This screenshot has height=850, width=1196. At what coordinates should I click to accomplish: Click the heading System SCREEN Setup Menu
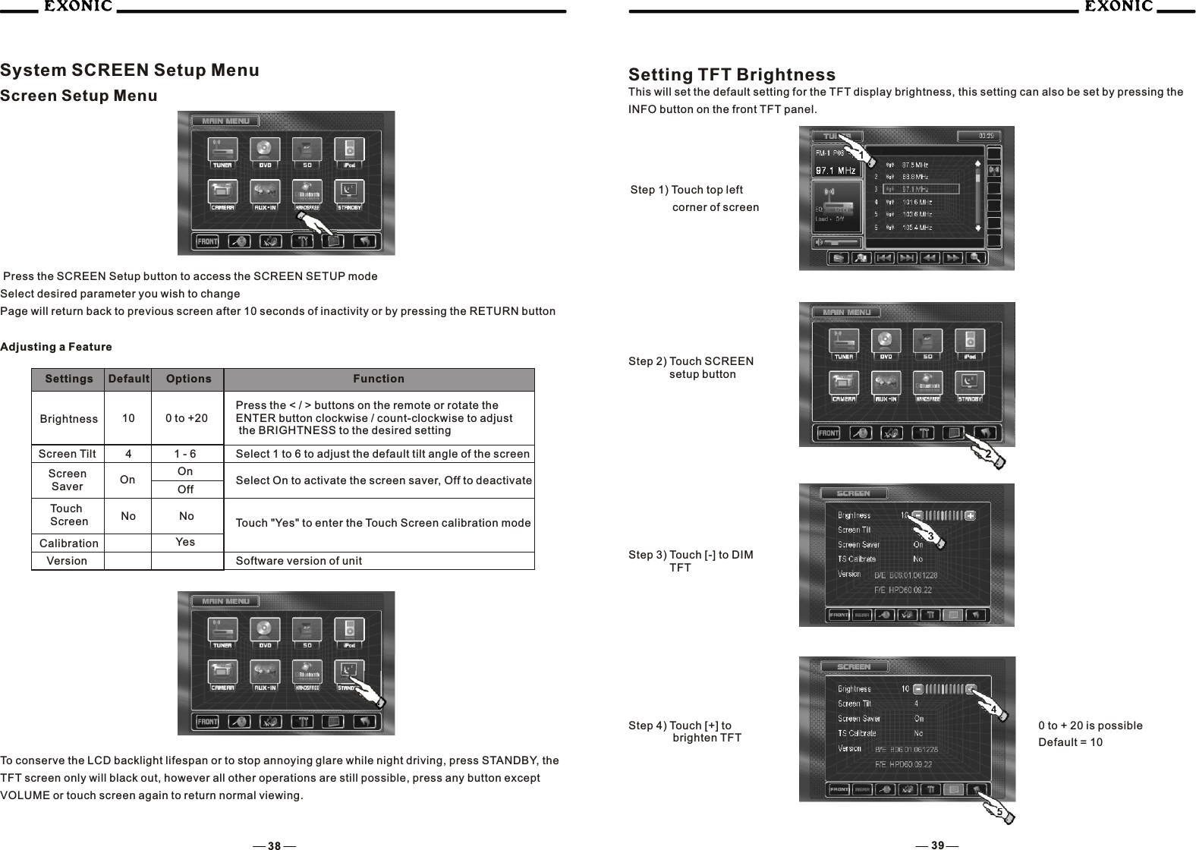(x=130, y=71)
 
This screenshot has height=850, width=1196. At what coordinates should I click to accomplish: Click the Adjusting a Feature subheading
(x=56, y=347)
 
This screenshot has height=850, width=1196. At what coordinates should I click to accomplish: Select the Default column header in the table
(x=128, y=379)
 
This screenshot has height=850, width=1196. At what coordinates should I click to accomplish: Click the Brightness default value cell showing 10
(x=128, y=418)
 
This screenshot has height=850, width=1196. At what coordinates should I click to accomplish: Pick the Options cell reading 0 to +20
(x=187, y=418)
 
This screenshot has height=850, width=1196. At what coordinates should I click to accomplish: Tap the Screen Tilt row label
(x=68, y=454)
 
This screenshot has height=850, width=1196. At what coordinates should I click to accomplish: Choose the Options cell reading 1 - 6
(x=185, y=454)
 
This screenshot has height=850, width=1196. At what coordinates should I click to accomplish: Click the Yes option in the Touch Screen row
(x=185, y=542)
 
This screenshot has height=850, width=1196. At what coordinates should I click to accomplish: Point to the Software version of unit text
(x=299, y=561)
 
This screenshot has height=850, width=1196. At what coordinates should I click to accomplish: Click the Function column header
(x=379, y=379)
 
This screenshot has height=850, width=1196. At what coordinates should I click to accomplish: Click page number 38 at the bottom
(x=274, y=845)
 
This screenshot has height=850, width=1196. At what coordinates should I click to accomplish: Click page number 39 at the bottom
(x=938, y=845)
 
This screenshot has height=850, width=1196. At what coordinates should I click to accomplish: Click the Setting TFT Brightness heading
(x=732, y=75)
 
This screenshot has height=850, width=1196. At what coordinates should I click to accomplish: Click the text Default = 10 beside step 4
(x=1070, y=741)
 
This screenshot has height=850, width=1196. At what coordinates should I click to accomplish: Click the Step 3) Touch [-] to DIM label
(x=691, y=555)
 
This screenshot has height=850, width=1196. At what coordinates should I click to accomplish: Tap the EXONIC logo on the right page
(x=1117, y=8)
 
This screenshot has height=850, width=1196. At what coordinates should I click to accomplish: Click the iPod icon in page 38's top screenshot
(x=350, y=150)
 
